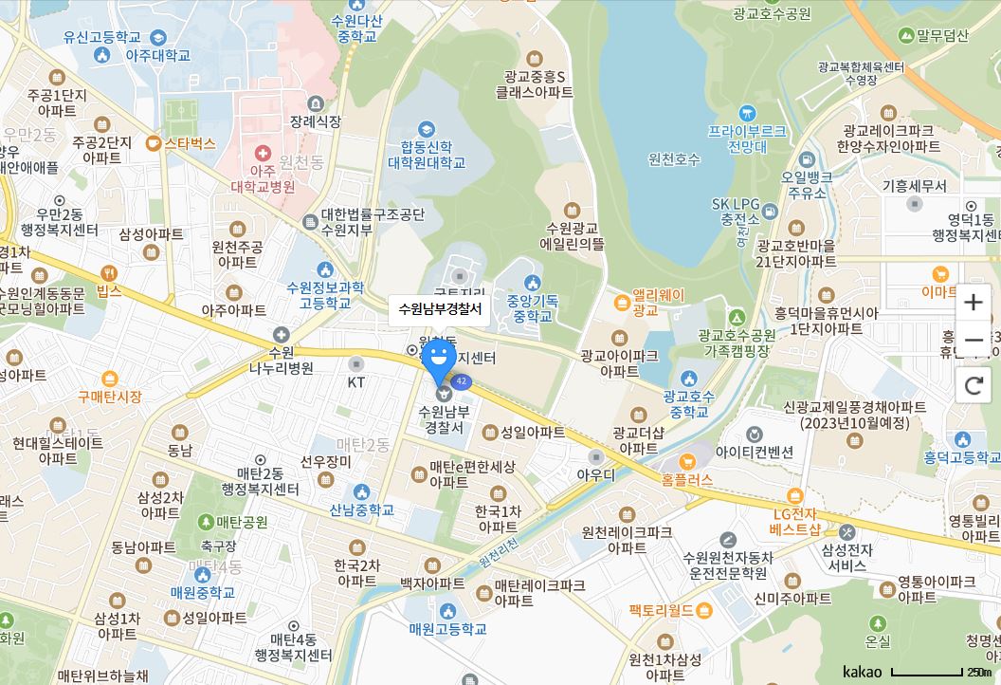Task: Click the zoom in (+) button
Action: [x=973, y=303]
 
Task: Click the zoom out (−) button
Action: [x=973, y=341]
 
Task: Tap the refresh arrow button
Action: [x=973, y=385]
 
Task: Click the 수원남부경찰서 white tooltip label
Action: [x=440, y=309]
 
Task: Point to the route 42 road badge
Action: [x=462, y=381]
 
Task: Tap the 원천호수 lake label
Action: [x=674, y=159]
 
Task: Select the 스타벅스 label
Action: [x=190, y=144]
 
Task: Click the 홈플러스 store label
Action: [x=687, y=481]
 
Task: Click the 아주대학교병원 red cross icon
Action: [x=262, y=153]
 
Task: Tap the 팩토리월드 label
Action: [x=661, y=610]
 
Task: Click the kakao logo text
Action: [x=862, y=672]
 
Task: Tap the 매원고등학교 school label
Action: [x=447, y=628]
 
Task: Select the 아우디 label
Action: [x=595, y=473]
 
